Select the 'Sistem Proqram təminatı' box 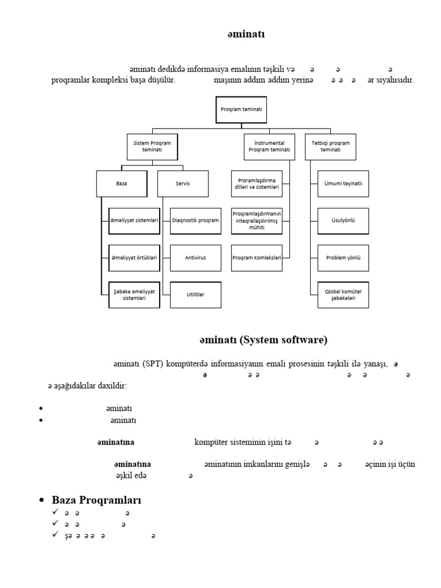tap(152, 146)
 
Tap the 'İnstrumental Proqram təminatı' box tap(269, 146)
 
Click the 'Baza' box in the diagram tap(121, 184)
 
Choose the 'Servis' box tap(182, 184)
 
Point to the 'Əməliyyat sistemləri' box tap(134, 221)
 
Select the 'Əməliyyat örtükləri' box tap(134, 258)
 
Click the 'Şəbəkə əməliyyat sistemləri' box tap(134, 295)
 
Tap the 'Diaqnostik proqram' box tap(195, 221)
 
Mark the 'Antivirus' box tap(195, 258)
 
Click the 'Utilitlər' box tap(195, 295)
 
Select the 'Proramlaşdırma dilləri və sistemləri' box tap(257, 184)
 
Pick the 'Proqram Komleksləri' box tap(257, 258)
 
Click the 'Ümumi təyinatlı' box tap(343, 184)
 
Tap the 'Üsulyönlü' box tap(343, 221)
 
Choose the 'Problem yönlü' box tap(343, 258)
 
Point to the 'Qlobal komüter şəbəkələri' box tap(343, 295)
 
